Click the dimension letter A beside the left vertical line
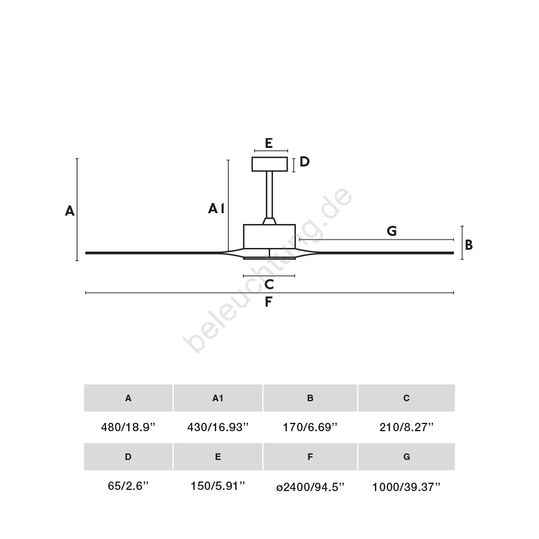[x=70, y=211]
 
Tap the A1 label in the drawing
[x=216, y=208]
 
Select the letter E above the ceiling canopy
[x=269, y=143]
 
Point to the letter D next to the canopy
[x=305, y=162]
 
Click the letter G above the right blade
[x=392, y=231]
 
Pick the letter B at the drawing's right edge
[x=468, y=245]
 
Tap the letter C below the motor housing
[x=269, y=284]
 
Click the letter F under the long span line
[x=268, y=302]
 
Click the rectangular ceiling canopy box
[x=269, y=164]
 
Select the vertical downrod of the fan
[x=269, y=195]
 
